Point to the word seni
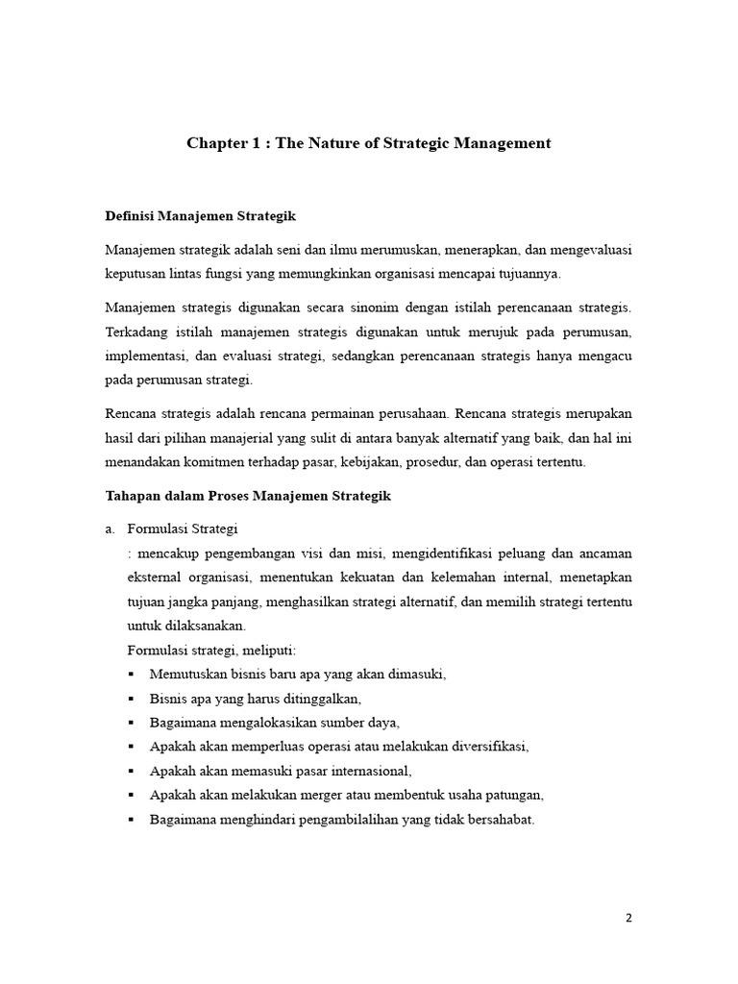pos(319,249)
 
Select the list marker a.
pos(110,529)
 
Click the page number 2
pos(629,917)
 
